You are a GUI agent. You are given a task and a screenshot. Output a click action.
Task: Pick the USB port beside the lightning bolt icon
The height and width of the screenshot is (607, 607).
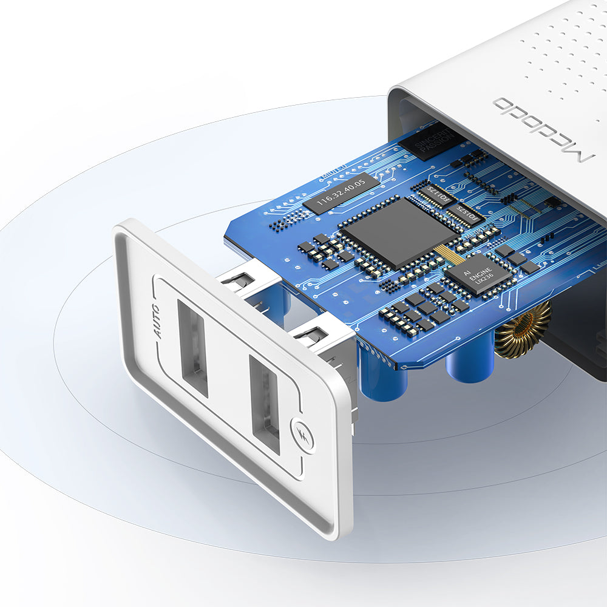click(x=265, y=404)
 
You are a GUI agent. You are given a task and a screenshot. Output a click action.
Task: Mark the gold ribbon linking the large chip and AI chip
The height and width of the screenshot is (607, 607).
click(x=447, y=254)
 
